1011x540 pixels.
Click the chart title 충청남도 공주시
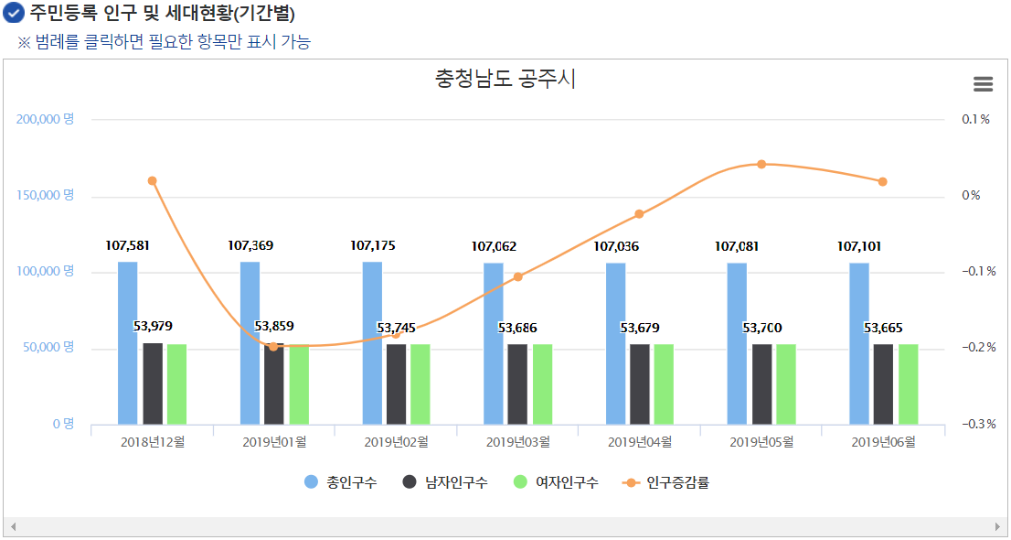click(x=505, y=80)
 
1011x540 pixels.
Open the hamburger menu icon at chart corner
click(x=983, y=84)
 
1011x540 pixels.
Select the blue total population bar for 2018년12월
click(x=128, y=343)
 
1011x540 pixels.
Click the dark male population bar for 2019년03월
click(x=517, y=384)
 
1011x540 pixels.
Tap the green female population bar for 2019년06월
click(x=908, y=384)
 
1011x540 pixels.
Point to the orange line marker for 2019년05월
click(x=761, y=164)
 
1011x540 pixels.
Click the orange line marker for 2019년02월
click(x=396, y=335)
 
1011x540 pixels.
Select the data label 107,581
click(x=128, y=245)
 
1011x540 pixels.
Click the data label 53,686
click(x=517, y=328)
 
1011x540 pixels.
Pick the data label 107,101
click(x=859, y=245)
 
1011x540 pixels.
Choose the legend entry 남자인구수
click(x=445, y=482)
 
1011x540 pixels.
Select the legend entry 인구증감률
click(x=666, y=482)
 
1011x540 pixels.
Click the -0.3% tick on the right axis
click(x=976, y=424)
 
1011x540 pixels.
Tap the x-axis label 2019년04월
click(x=639, y=442)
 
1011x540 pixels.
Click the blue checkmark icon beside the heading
click(x=14, y=14)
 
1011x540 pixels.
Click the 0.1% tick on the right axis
click(x=974, y=119)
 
